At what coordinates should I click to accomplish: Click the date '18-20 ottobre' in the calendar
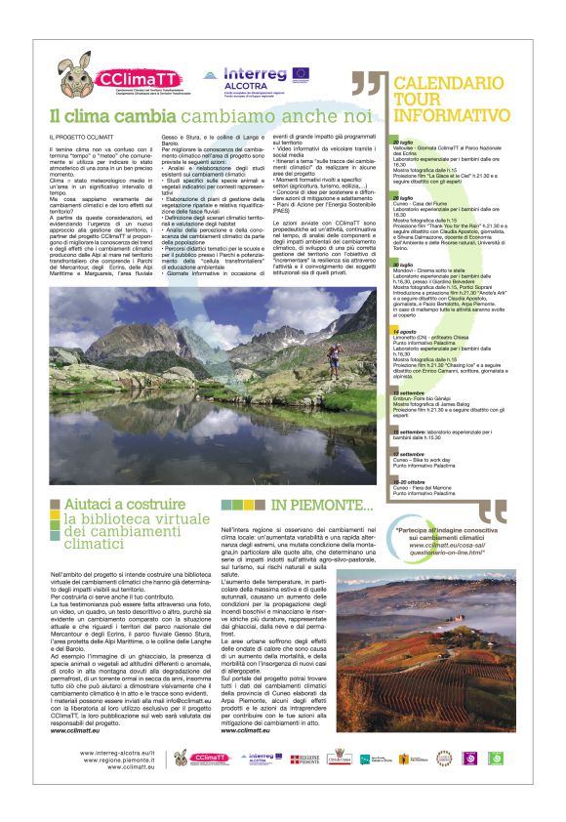409,478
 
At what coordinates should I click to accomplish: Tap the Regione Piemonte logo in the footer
309,759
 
